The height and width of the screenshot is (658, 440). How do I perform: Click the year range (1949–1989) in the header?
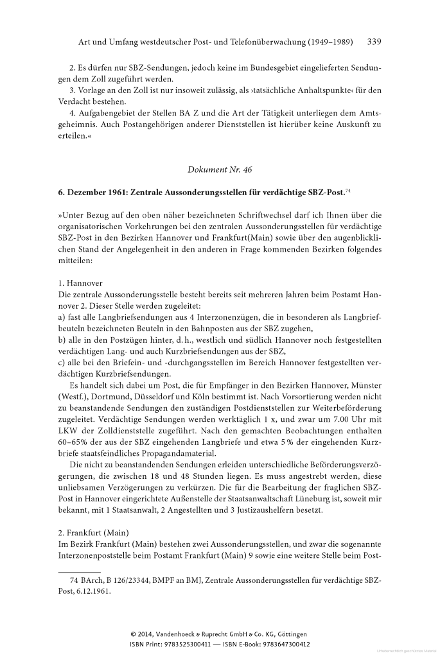click(319, 42)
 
